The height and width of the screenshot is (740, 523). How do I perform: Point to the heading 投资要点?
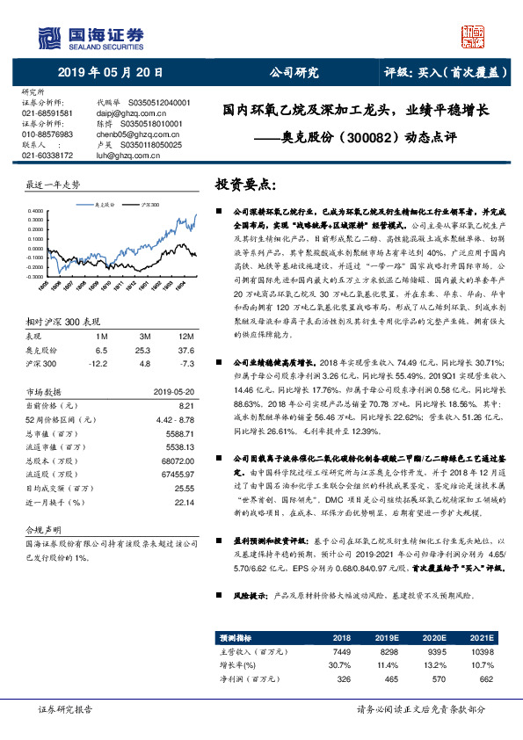tap(247, 186)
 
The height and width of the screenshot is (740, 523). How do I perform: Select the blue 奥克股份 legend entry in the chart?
tap(105, 201)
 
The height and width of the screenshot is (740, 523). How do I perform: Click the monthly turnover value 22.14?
tap(183, 500)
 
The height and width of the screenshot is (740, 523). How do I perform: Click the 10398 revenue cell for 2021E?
tap(482, 652)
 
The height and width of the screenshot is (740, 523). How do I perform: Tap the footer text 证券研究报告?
tap(65, 708)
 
